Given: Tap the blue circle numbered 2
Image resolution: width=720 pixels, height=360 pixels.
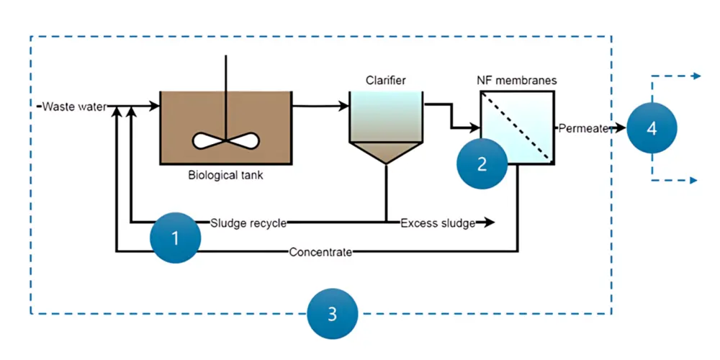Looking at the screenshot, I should coord(482,163).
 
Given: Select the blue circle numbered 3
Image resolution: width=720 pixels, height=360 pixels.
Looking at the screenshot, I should coord(332,313).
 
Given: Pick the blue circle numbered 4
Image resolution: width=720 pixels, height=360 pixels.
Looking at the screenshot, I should coord(652,128).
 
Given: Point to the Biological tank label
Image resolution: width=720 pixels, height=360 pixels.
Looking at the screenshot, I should coord(225,176).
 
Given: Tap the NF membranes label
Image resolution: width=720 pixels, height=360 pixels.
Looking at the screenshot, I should coord(517,80).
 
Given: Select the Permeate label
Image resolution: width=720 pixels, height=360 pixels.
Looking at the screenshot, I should coord(583,128).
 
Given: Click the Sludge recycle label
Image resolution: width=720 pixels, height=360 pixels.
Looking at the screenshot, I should coord(249,222).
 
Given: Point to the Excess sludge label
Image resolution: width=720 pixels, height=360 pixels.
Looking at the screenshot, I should coord(438,222).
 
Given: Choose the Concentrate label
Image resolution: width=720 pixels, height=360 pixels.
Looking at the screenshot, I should coord(320,252).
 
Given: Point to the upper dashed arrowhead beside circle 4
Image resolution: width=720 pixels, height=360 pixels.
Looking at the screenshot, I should coord(696,76).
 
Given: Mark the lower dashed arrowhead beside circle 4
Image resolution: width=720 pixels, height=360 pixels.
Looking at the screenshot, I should coord(696,180).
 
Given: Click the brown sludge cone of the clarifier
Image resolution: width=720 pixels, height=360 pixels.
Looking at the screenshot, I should coord(385,151).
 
